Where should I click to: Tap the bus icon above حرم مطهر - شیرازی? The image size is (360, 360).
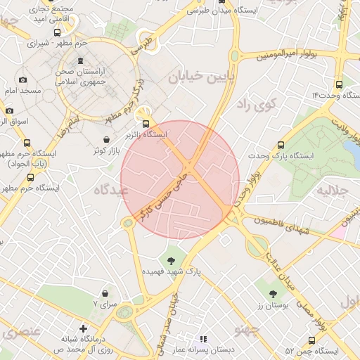pyautogui.click(x=58, y=32)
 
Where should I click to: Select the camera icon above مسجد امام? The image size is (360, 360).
pyautogui.click(x=23, y=80)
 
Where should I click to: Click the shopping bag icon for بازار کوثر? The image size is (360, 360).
pyautogui.click(x=106, y=139)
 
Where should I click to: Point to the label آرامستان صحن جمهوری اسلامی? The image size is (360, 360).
pyautogui.click(x=80, y=77)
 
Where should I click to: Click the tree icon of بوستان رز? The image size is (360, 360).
pyautogui.click(x=273, y=293)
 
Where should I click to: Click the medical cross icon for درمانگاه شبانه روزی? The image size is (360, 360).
pyautogui.click(x=83, y=328)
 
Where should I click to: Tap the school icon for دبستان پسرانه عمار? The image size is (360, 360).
pyautogui.click(x=204, y=339)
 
